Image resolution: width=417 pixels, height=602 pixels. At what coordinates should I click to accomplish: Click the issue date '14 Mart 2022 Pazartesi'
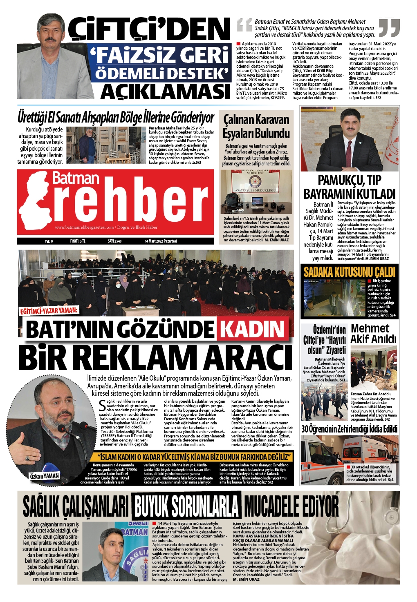click(161, 241)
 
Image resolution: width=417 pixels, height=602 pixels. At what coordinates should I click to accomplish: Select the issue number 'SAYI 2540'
click(114, 241)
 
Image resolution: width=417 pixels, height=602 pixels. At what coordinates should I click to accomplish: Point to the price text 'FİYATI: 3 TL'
click(78, 241)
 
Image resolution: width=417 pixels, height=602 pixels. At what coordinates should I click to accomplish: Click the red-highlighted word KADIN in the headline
click(252, 329)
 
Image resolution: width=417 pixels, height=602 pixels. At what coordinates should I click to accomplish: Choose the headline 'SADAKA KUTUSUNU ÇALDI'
click(350, 272)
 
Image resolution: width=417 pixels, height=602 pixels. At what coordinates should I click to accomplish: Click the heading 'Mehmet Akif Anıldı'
click(373, 334)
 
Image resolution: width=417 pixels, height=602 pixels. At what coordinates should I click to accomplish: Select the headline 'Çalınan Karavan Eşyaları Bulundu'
click(256, 127)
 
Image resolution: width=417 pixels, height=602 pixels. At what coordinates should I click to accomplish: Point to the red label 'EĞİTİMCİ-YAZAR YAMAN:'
click(49, 311)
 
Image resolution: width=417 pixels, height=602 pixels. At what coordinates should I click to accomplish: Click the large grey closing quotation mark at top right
click(389, 27)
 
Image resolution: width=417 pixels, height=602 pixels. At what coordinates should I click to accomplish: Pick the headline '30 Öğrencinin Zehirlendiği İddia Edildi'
click(350, 429)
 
